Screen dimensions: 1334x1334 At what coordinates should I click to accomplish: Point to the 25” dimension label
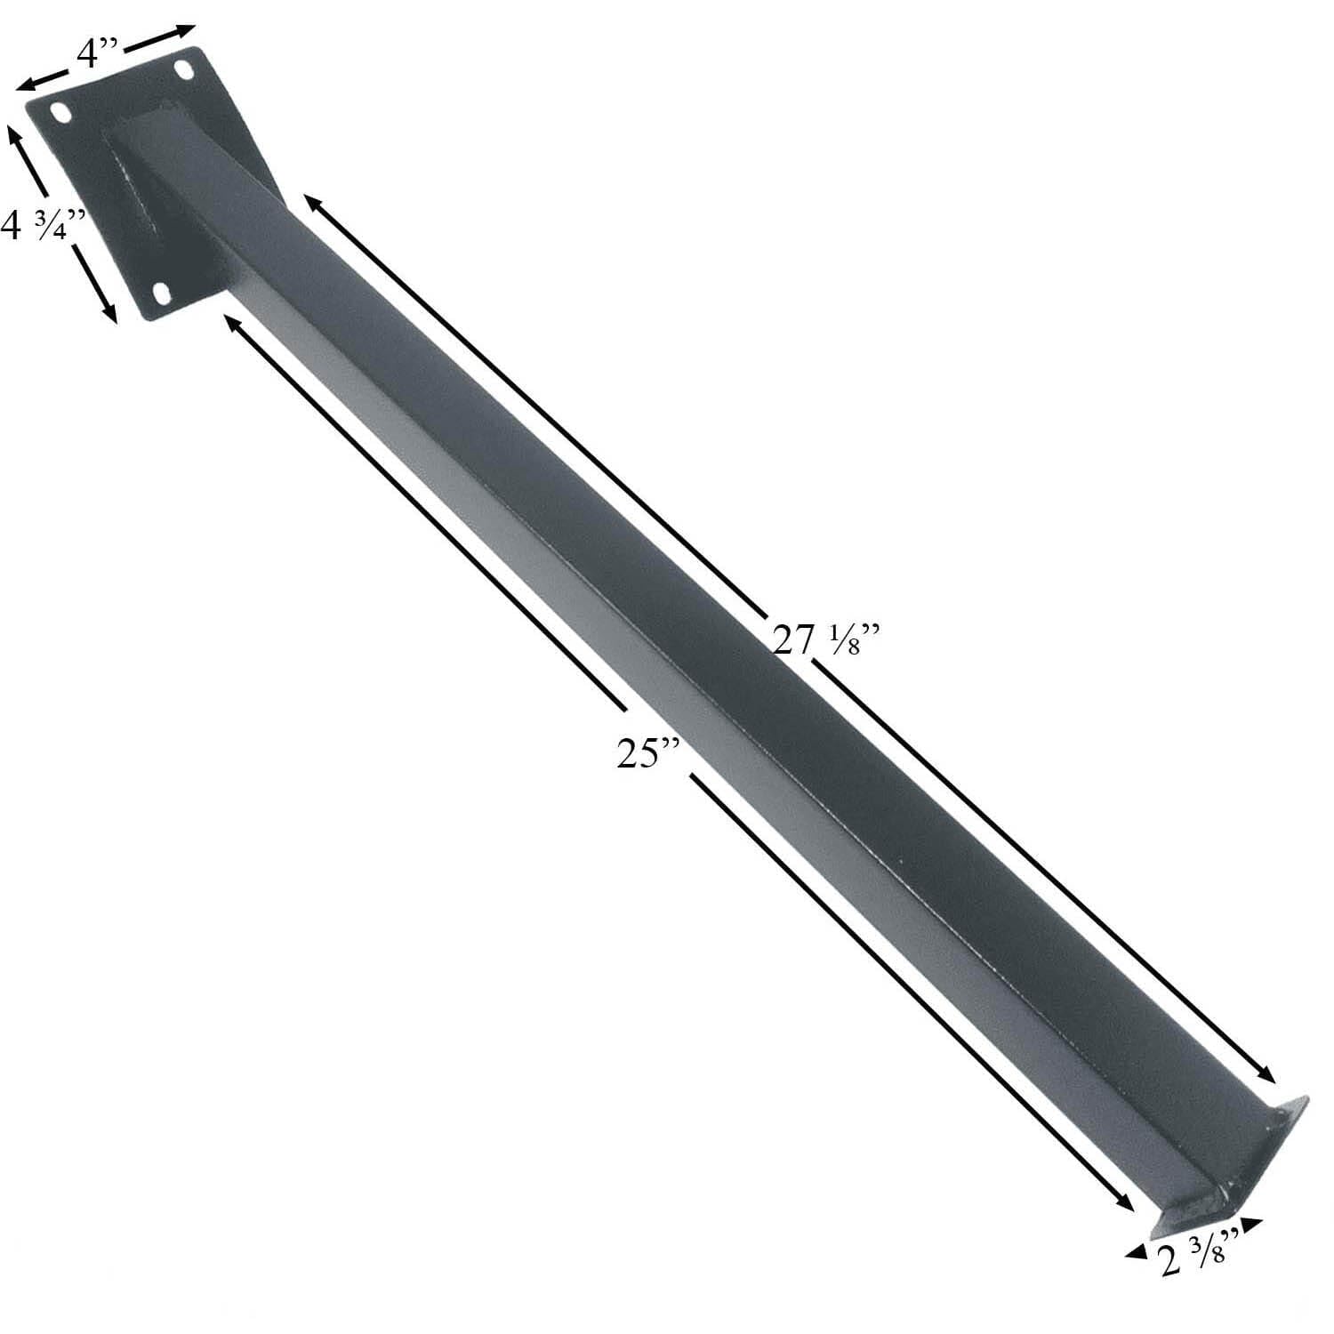(x=648, y=753)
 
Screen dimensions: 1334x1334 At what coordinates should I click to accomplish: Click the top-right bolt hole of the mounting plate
(x=185, y=69)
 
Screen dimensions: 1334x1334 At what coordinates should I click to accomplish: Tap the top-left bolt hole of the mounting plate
(x=61, y=113)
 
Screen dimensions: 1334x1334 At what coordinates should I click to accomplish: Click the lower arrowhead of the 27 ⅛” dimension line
(x=1269, y=1075)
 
